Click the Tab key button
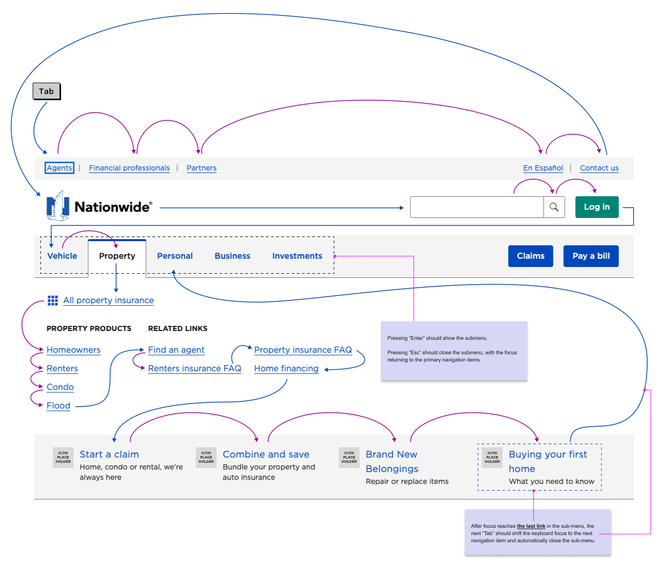46,91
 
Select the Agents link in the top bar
59,168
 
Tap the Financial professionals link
129,168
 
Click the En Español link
543,168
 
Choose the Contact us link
599,168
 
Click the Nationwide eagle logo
58,206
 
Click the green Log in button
596,207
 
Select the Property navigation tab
117,256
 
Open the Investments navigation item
297,256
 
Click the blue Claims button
530,256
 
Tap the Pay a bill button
591,256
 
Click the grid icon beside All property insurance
53,300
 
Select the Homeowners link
73,350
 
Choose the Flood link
58,405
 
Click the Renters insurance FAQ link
195,368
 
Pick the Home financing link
286,368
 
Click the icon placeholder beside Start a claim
63,457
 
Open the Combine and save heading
266,454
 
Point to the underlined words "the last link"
531,526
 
